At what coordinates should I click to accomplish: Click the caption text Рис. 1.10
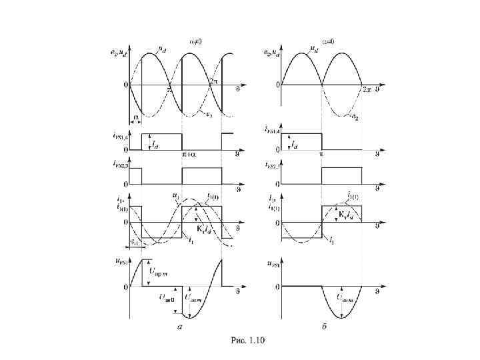(247, 341)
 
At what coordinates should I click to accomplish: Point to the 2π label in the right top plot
(366, 90)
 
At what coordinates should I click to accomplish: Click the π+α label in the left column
(189, 154)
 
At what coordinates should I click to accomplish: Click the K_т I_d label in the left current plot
(203, 230)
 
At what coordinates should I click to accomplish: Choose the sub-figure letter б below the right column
(323, 327)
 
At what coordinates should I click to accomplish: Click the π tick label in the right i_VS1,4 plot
(321, 154)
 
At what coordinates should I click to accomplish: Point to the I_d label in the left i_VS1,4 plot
(155, 143)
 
